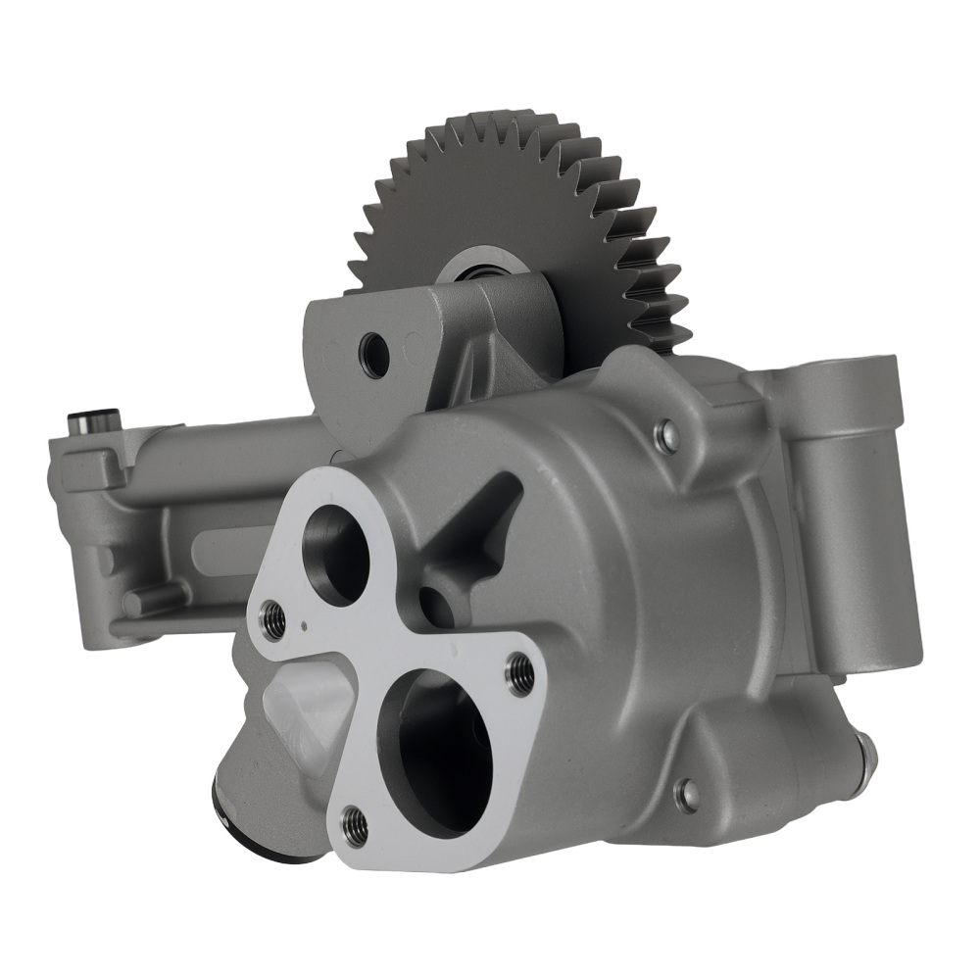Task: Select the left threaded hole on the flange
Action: click(273, 616)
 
